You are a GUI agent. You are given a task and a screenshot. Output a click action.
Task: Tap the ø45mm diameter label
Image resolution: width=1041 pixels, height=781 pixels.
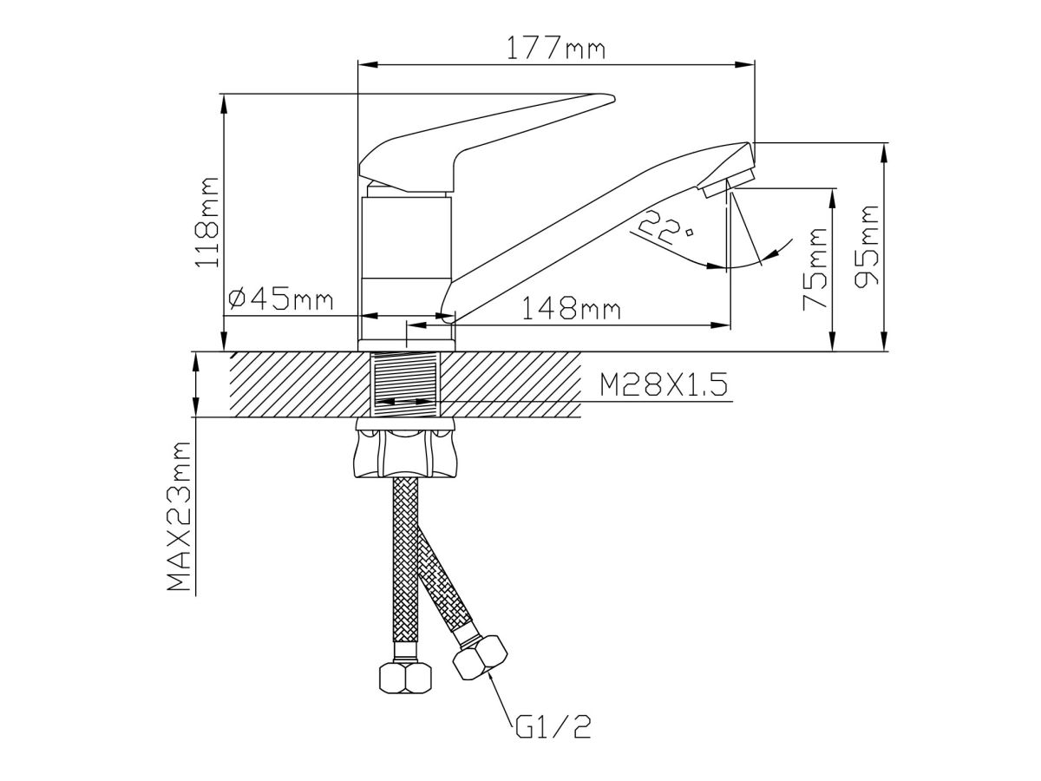pos(280,299)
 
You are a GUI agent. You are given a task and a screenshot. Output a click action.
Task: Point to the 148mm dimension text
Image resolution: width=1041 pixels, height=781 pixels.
pos(569,308)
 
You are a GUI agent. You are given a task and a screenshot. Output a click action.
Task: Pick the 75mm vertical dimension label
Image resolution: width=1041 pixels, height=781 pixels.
pos(815,269)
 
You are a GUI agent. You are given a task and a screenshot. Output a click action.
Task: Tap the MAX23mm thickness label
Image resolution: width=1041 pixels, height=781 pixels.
pos(180,516)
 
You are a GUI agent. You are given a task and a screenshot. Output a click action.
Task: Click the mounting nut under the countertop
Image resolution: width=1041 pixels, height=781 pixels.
pos(405,450)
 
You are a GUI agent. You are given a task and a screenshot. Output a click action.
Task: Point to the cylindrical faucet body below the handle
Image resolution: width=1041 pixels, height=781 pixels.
pos(405,260)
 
